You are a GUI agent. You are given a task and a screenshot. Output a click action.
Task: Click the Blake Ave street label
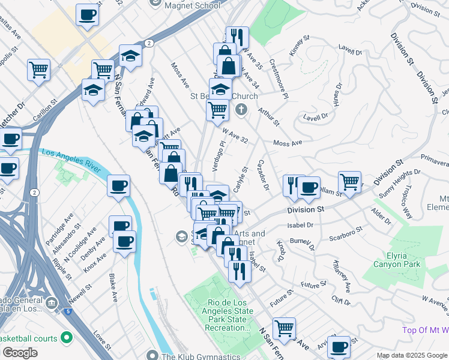pyautogui.click(x=113, y=288)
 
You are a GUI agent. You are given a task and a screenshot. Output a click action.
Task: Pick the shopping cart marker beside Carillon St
pyautogui.click(x=38, y=70)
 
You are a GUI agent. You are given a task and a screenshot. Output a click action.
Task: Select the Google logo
pyautogui.click(x=19, y=353)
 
